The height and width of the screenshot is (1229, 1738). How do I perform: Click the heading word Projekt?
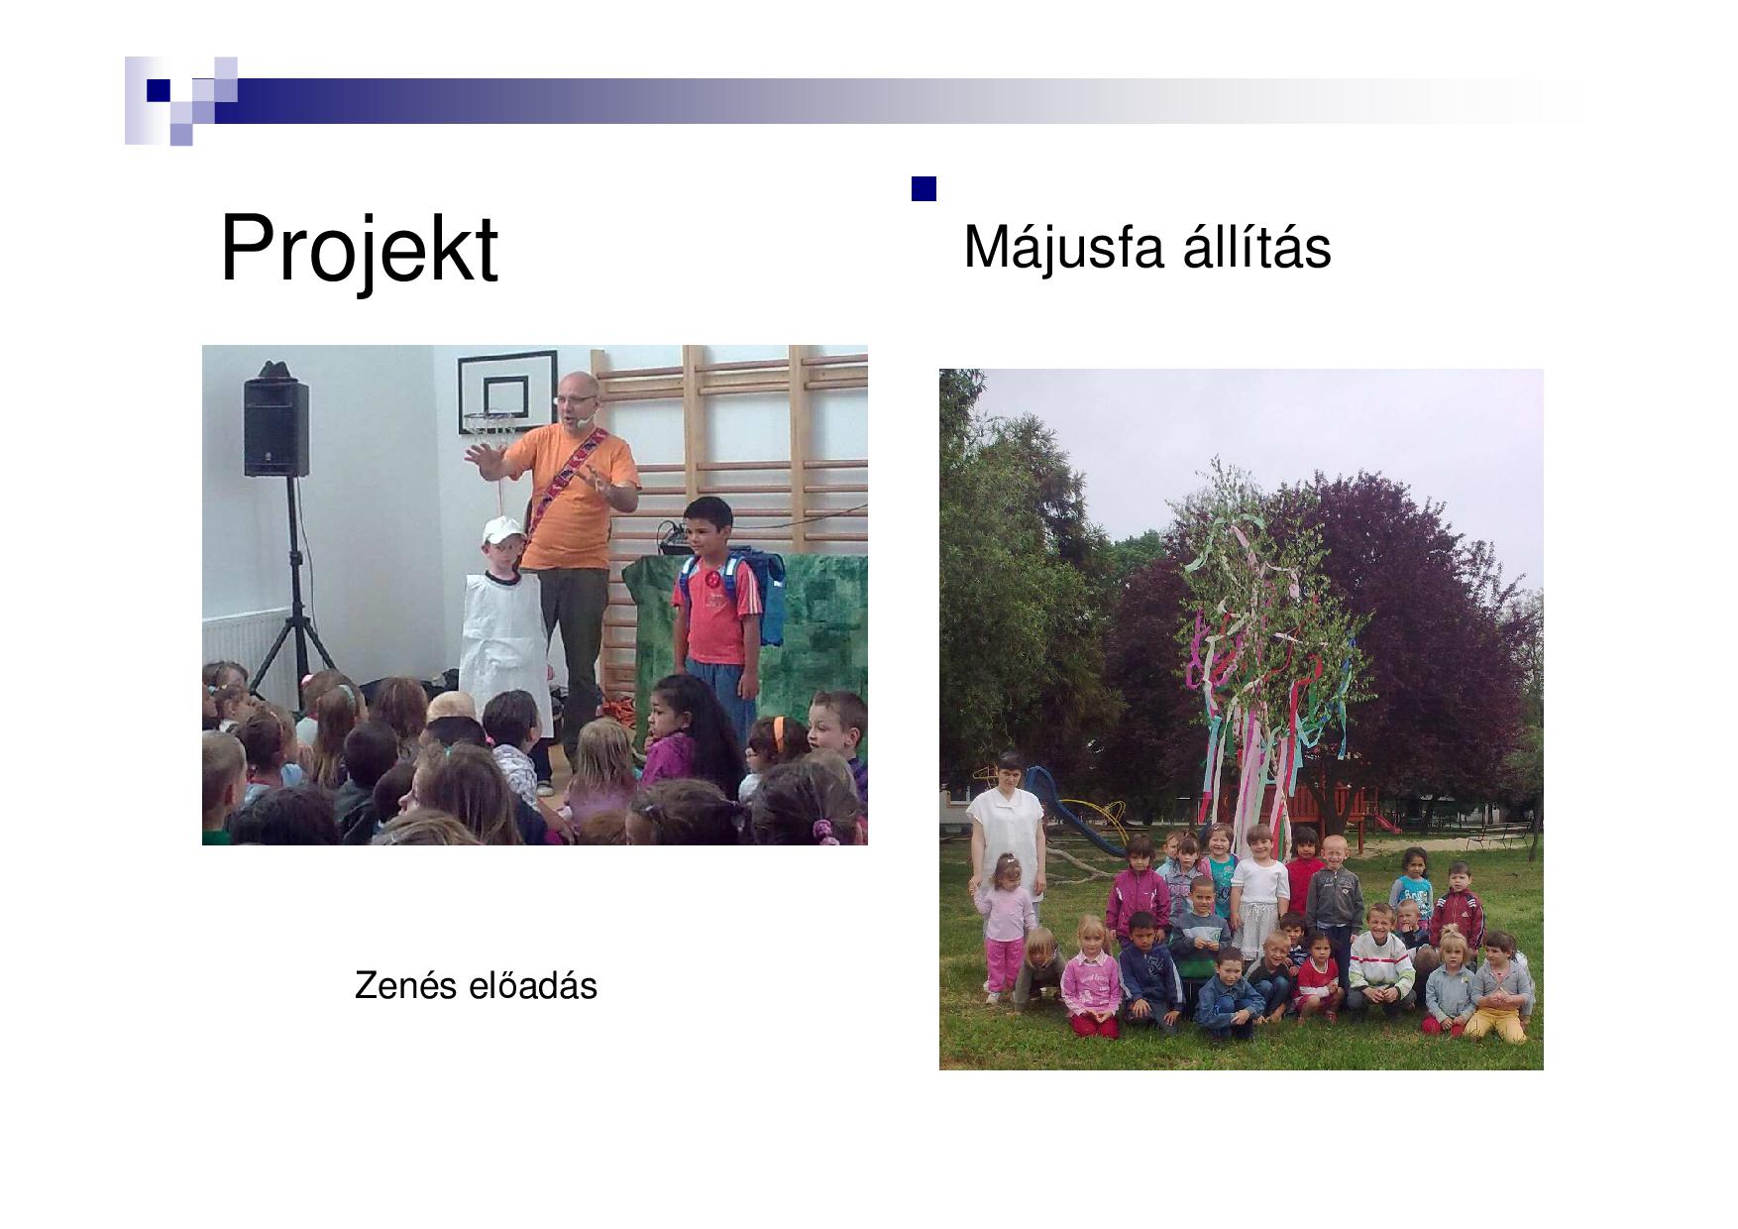(358, 249)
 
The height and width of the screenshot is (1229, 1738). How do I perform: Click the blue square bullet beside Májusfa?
(923, 189)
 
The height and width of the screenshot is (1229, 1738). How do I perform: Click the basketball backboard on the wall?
(506, 387)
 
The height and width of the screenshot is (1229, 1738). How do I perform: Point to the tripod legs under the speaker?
(292, 634)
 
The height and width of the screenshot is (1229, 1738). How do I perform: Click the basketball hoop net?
(489, 426)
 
